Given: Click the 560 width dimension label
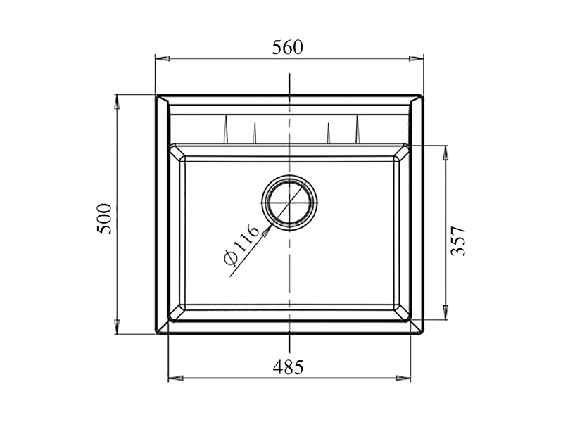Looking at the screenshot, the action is pyautogui.click(x=287, y=48).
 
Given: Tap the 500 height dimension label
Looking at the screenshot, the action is pyautogui.click(x=104, y=219).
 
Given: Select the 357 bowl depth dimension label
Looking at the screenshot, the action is pyautogui.click(x=458, y=241).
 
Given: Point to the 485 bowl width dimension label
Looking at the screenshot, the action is pyautogui.click(x=288, y=367).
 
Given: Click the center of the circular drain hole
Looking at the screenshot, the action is pyautogui.click(x=289, y=203).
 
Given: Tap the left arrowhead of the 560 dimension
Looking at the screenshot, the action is pyautogui.click(x=163, y=58).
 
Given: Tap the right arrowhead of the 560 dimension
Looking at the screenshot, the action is pyautogui.click(x=416, y=58).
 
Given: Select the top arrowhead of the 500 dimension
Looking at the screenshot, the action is pyautogui.click(x=117, y=102).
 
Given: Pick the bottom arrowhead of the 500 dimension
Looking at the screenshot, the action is pyautogui.click(x=117, y=327).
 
